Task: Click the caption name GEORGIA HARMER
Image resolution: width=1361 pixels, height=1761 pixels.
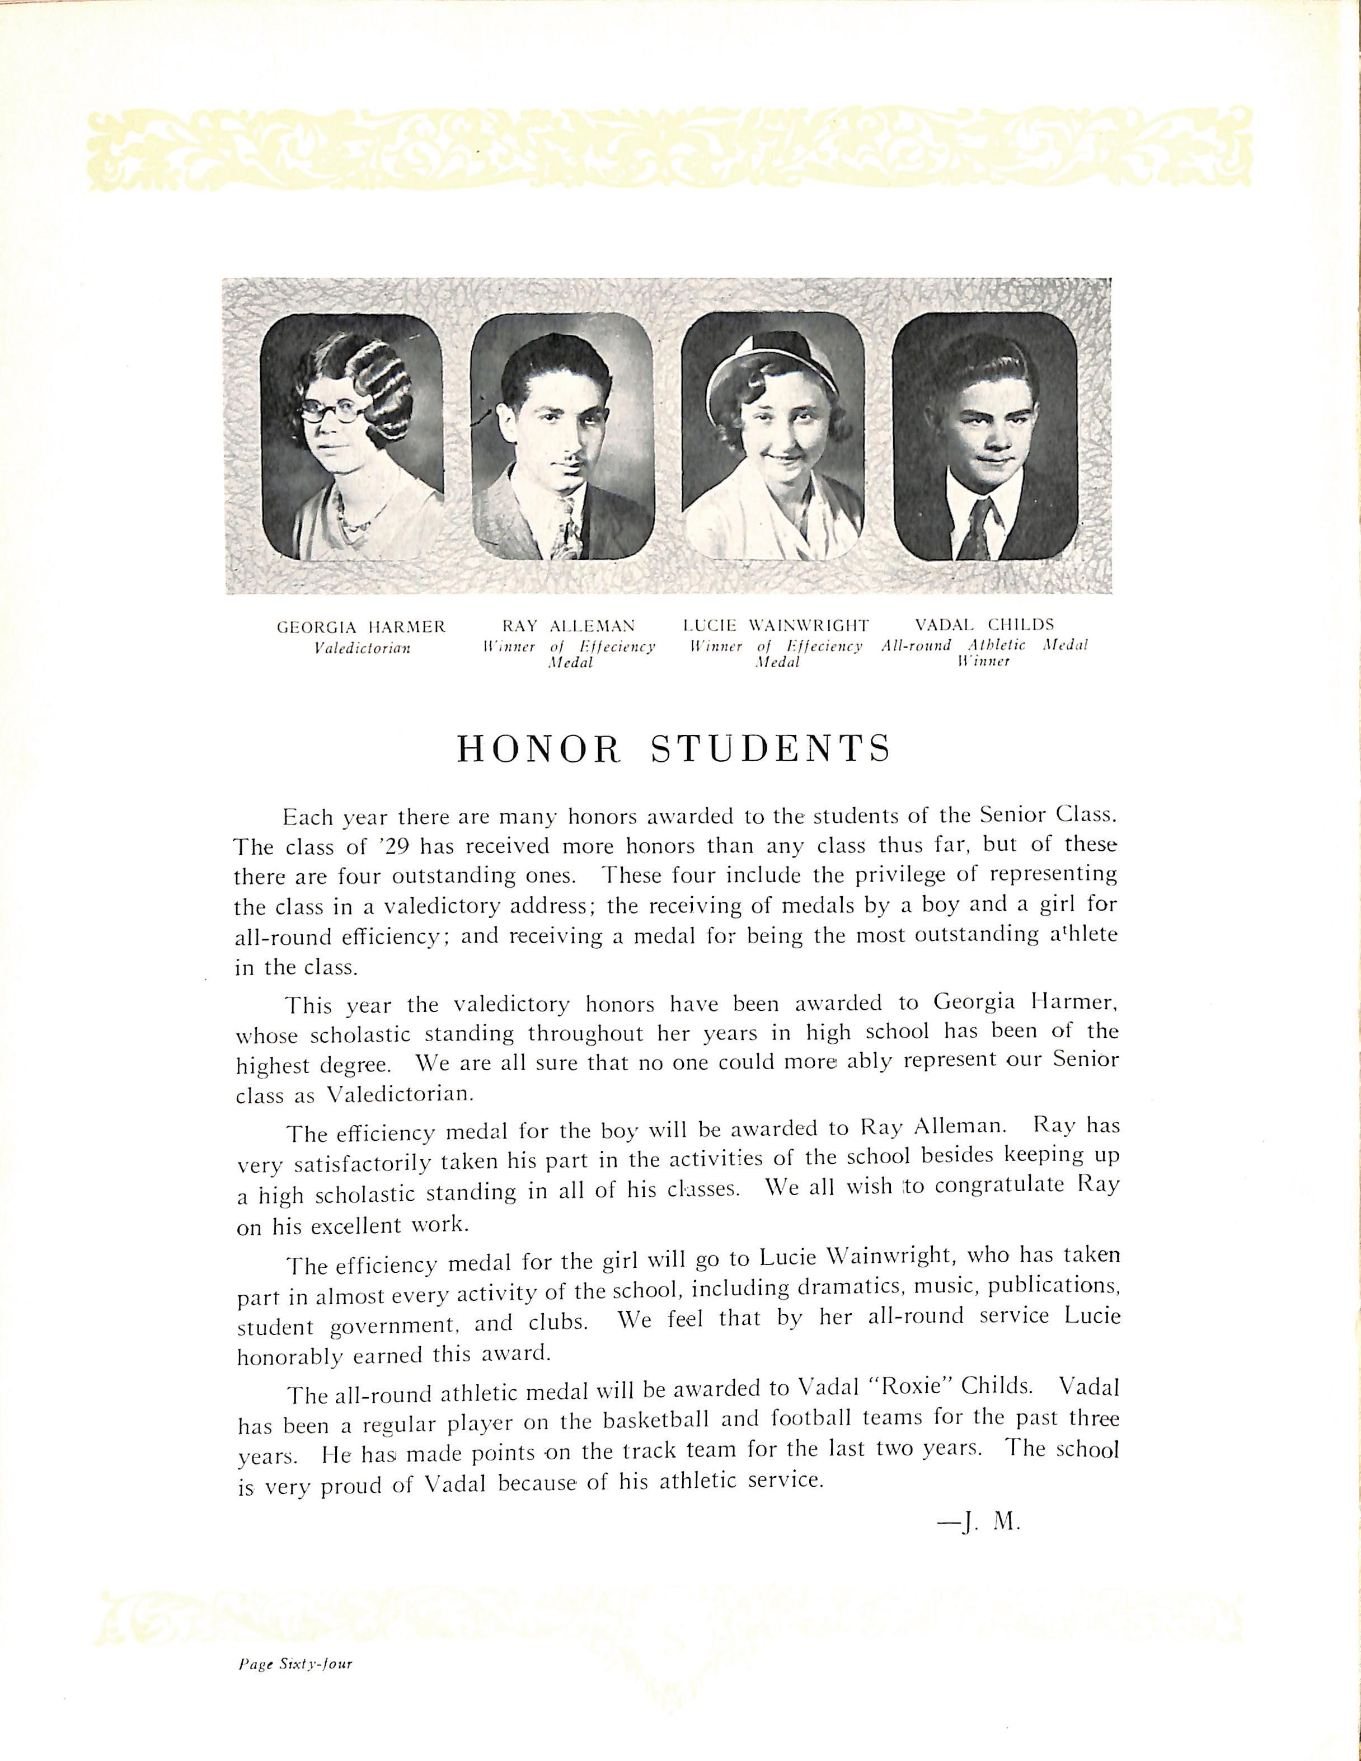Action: click(x=360, y=626)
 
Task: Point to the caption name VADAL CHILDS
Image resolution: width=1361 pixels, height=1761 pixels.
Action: click(x=984, y=625)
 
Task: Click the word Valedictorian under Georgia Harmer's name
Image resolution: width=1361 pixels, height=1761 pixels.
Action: click(x=362, y=648)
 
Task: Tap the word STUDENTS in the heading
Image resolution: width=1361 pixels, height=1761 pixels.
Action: click(x=770, y=748)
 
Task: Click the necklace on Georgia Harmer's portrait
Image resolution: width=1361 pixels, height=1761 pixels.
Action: click(x=353, y=516)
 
